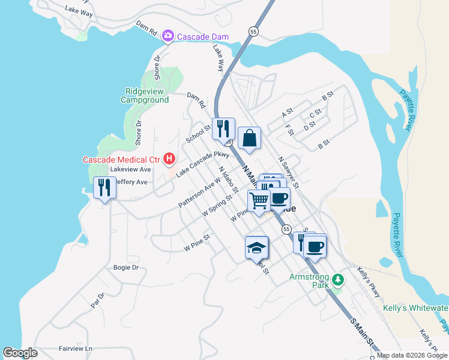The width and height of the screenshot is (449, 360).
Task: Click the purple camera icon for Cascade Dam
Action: pyautogui.click(x=169, y=37)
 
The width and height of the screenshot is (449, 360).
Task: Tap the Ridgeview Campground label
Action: pyautogui.click(x=145, y=95)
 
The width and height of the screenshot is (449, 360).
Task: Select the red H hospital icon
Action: pyautogui.click(x=169, y=159)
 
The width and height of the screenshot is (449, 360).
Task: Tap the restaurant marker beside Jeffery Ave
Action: pyautogui.click(x=104, y=188)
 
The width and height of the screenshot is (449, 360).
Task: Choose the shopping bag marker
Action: pyautogui.click(x=249, y=139)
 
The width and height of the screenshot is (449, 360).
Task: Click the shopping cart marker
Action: pyautogui.click(x=259, y=201)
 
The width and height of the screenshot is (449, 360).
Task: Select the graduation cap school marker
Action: pyautogui.click(x=256, y=247)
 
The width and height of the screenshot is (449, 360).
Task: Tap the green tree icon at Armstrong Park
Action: pyautogui.click(x=339, y=280)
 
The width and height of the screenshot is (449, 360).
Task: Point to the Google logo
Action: pyautogui.click(x=20, y=353)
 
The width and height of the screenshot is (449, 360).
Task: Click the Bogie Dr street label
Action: pyautogui.click(x=126, y=267)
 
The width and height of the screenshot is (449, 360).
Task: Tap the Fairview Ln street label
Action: pyautogui.click(x=76, y=348)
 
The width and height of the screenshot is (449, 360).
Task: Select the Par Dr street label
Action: pyautogui.click(x=97, y=299)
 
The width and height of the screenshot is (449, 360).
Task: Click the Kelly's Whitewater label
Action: pyautogui.click(x=415, y=308)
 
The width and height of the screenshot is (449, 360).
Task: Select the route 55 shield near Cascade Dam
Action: pyautogui.click(x=254, y=31)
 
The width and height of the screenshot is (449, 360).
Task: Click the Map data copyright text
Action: pyautogui.click(x=412, y=355)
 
